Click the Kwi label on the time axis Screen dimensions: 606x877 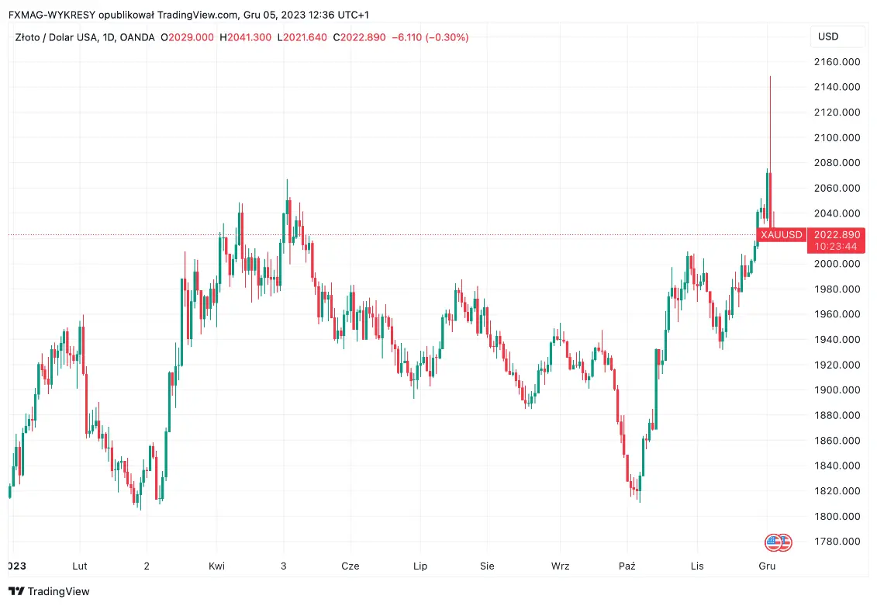pyautogui.click(x=217, y=566)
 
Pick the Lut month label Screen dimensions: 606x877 pyautogui.click(x=79, y=566)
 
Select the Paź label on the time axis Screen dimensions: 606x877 pyautogui.click(x=627, y=566)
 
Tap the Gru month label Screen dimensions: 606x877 pyautogui.click(x=767, y=566)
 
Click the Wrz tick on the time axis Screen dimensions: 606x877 pyautogui.click(x=560, y=566)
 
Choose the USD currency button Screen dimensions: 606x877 pyautogui.click(x=828, y=36)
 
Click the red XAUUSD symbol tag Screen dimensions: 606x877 pyautogui.click(x=781, y=234)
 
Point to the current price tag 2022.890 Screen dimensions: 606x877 pyautogui.click(x=836, y=234)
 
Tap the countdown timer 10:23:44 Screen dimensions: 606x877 pyautogui.click(x=836, y=247)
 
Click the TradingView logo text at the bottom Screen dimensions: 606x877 pyautogui.click(x=59, y=591)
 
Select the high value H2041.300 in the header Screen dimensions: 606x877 pyautogui.click(x=246, y=37)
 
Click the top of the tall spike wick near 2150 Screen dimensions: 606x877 pyautogui.click(x=770, y=77)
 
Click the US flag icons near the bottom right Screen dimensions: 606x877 pyautogui.click(x=778, y=542)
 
